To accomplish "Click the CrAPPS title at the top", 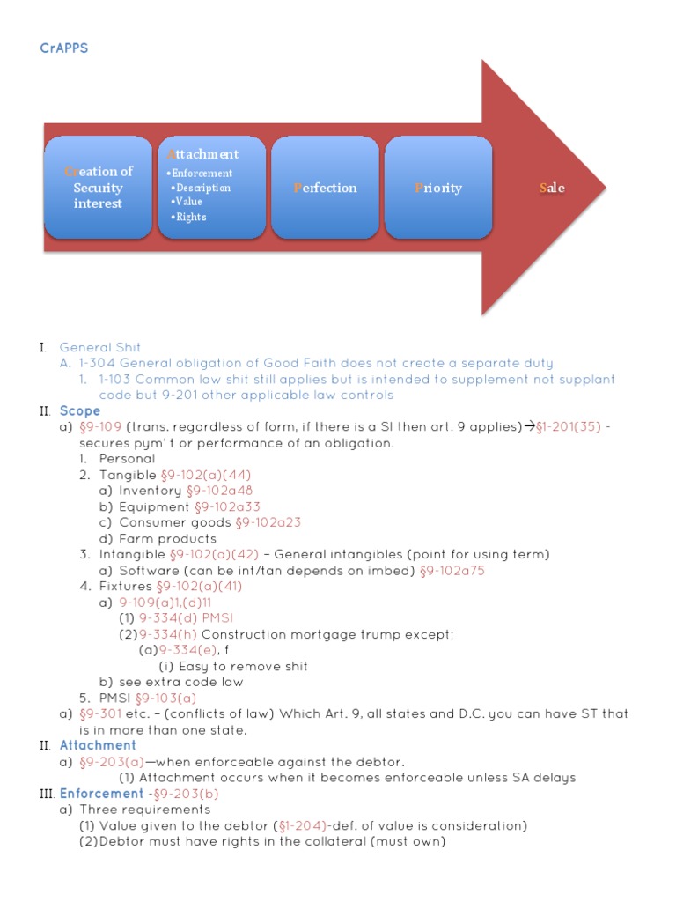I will [64, 48].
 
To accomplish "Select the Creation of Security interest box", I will [98, 188].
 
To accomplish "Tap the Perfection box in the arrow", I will [325, 188].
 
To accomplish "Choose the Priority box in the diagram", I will [438, 188].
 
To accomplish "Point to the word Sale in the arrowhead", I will [552, 188].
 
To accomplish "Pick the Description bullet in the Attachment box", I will [202, 188].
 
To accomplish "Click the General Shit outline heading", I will [99, 347].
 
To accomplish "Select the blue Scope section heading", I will [80, 410].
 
